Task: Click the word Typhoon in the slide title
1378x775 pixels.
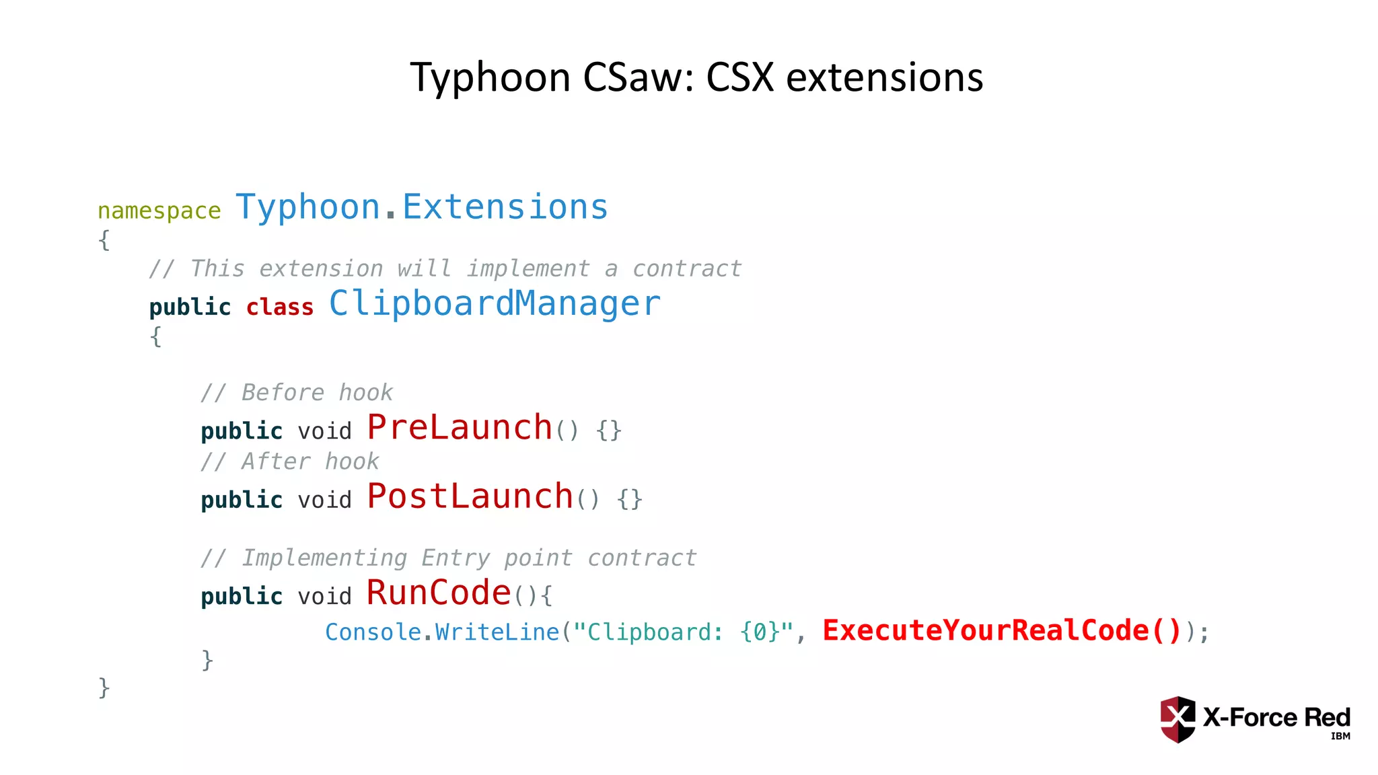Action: point(491,77)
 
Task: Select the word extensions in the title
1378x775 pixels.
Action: point(884,77)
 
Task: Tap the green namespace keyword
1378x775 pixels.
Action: point(159,211)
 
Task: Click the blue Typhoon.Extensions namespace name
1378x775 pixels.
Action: point(422,207)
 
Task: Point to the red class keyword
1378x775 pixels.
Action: point(279,307)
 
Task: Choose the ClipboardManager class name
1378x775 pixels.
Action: point(495,303)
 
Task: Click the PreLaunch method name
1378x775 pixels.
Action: point(460,427)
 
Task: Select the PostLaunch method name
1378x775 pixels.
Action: point(470,496)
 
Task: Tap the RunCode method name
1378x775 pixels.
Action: point(439,593)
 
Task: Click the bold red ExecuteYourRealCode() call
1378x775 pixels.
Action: point(1002,630)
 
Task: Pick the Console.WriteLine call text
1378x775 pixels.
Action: point(442,632)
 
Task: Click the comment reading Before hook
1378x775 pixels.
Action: point(297,392)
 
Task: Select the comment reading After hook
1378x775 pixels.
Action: point(290,462)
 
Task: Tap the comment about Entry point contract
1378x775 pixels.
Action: point(448,558)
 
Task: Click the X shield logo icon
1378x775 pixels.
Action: point(1177,718)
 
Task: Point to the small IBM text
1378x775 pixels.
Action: point(1340,736)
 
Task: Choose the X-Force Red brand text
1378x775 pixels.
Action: point(1276,717)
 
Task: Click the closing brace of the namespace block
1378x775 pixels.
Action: point(104,688)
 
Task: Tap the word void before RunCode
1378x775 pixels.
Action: point(324,596)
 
